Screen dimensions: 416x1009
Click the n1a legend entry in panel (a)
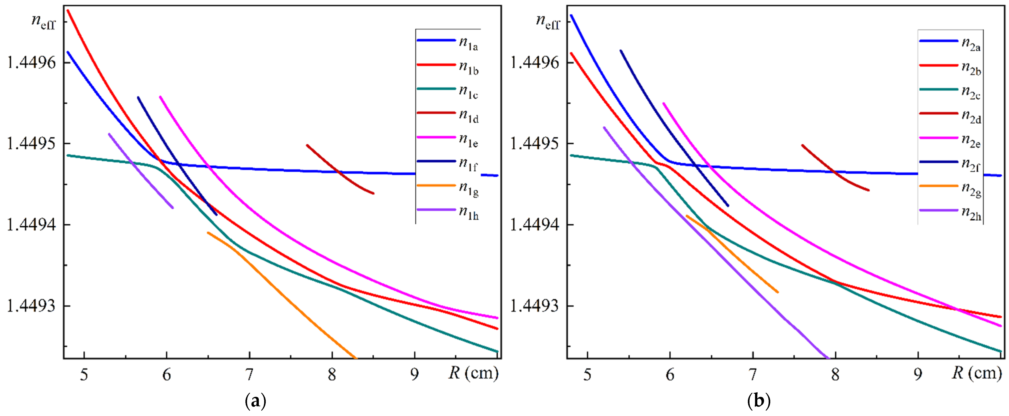(468, 43)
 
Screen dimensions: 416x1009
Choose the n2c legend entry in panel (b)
(971, 92)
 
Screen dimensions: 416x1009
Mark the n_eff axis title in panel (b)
(548, 21)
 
